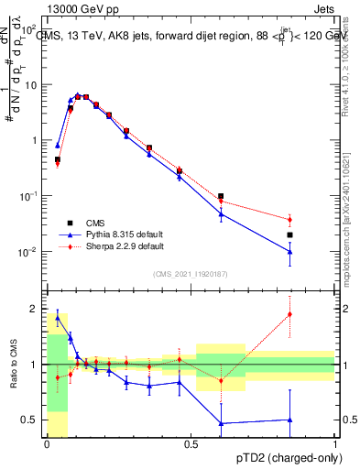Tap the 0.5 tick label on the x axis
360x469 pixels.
pyautogui.click(x=191, y=444)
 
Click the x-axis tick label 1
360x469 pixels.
pyautogui.click(x=335, y=444)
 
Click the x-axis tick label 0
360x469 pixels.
pyautogui.click(x=47, y=444)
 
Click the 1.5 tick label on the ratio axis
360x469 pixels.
pyautogui.click(x=29, y=336)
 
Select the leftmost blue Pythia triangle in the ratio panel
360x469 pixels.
pyautogui.click(x=57, y=317)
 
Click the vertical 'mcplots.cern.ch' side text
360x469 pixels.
pyautogui.click(x=351, y=229)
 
